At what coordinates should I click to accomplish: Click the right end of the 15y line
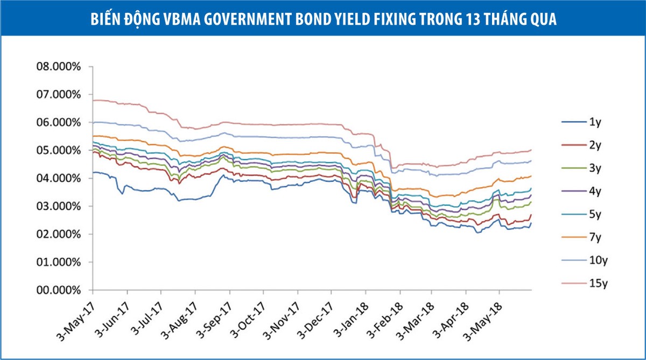tap(531, 150)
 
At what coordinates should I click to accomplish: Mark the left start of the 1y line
tap(93, 173)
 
